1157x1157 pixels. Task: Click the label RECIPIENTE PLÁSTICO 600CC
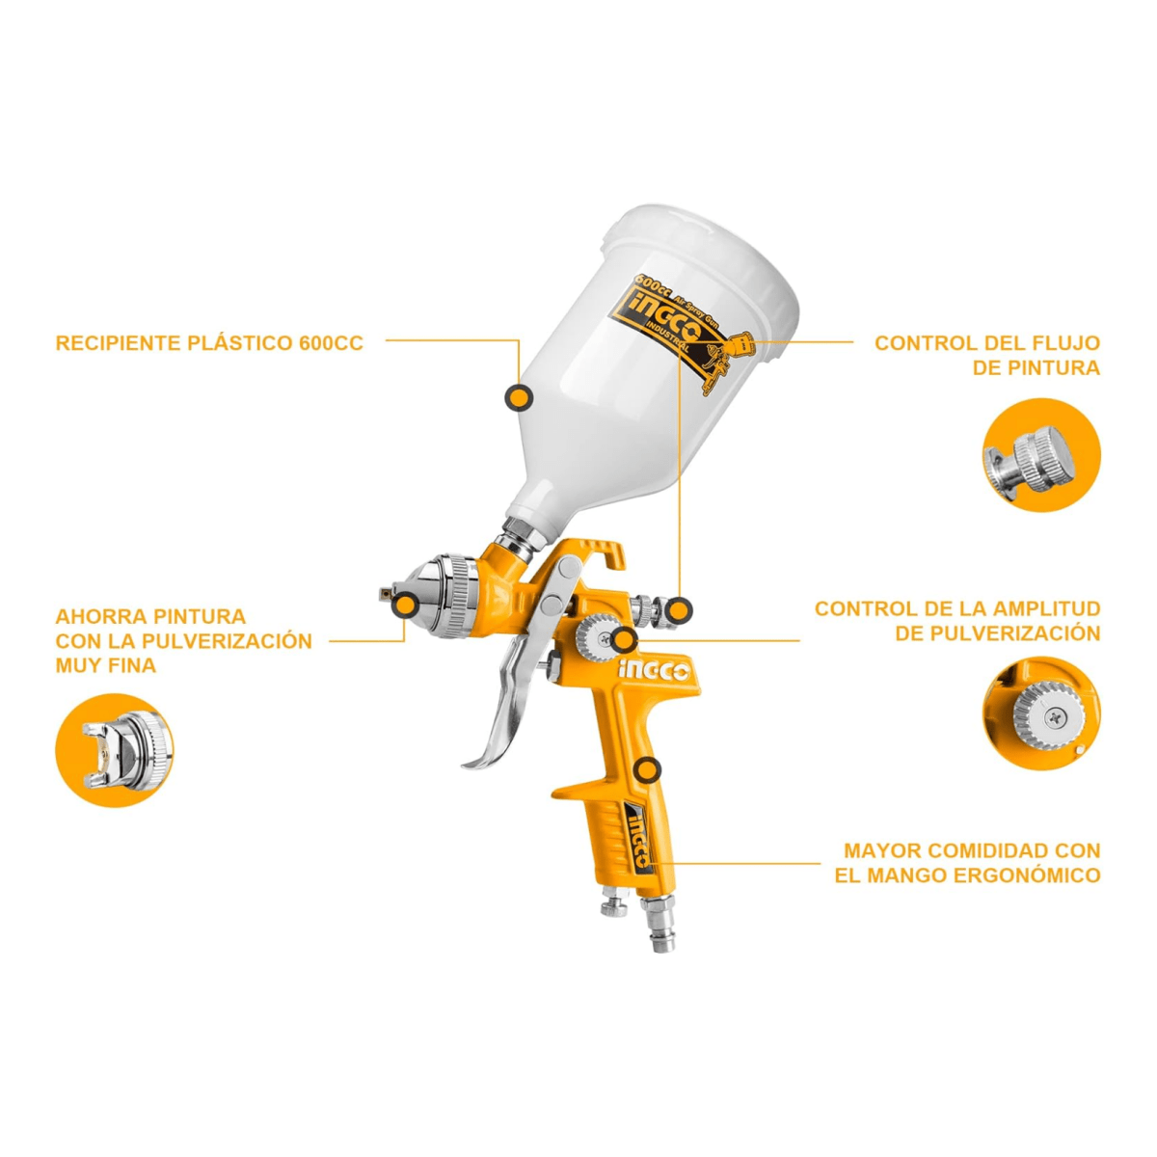click(209, 343)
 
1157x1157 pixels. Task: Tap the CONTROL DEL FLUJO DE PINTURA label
click(987, 355)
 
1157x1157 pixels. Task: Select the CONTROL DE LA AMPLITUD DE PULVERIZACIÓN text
click(957, 620)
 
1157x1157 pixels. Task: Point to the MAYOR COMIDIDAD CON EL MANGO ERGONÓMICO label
click(968, 862)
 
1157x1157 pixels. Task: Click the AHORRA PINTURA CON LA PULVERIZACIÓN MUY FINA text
click(184, 640)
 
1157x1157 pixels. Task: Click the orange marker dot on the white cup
click(518, 397)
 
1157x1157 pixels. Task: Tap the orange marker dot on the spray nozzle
click(406, 605)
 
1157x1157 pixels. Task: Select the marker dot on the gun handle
click(647, 770)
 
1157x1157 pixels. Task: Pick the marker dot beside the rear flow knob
click(678, 610)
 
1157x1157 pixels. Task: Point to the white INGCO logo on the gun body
click(655, 672)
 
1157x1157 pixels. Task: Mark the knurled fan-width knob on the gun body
click(595, 638)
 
